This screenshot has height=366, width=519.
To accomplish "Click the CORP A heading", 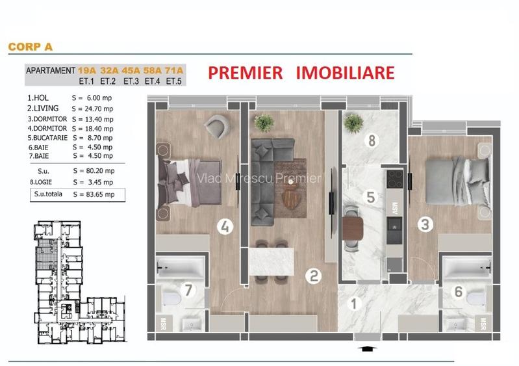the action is pos(30,47).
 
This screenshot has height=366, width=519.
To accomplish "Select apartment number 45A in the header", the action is pos(131,70).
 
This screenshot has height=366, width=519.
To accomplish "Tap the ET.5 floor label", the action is pos(174,81).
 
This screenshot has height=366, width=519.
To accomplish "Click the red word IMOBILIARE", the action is pos(345,73).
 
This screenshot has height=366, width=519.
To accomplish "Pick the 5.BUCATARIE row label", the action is pos(47,138).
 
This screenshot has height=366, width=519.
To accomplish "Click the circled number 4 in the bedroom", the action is pos(225,227).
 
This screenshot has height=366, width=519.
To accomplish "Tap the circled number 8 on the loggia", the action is pos(372,140).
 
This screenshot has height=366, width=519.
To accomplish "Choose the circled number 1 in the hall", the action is pos(354,304).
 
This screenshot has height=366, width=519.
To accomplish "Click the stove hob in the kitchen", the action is pos(394,179).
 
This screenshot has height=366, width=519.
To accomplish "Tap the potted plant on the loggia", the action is pos(353,123).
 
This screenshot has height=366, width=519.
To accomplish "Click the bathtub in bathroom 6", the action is pos(467,266).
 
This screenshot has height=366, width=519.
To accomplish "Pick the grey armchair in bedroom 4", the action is pos(218,126).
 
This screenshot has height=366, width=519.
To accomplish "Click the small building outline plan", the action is pos(80,282).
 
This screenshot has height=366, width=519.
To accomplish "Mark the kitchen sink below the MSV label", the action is pos(394,226).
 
